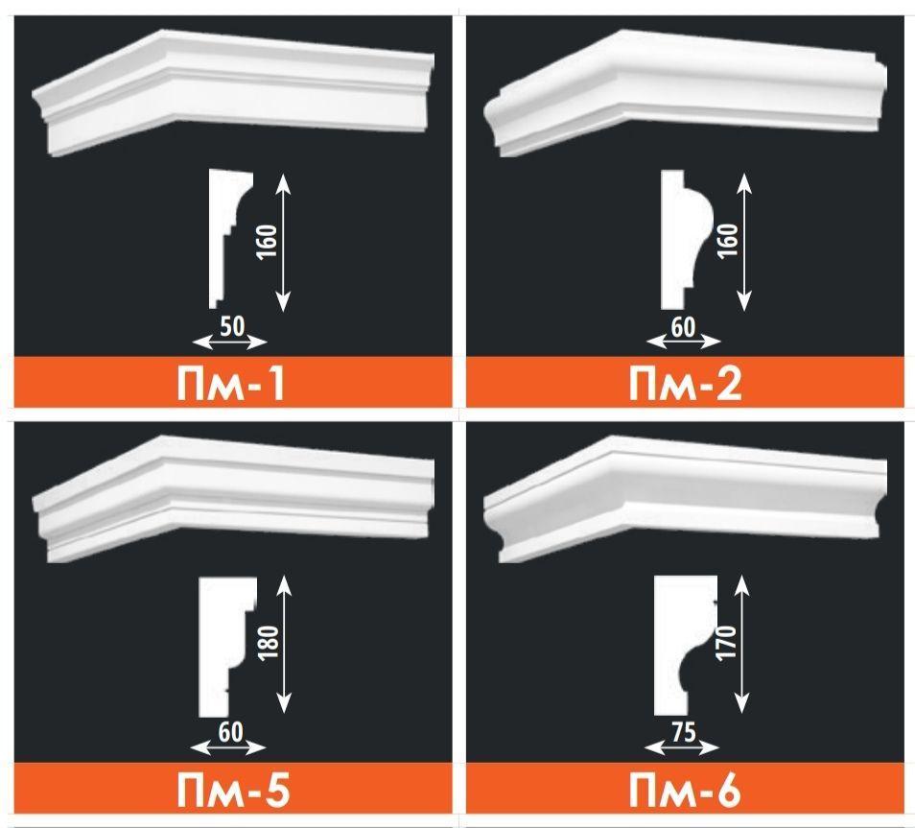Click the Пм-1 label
(x=230, y=384)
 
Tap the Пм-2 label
(x=685, y=384)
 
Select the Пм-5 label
(x=232, y=791)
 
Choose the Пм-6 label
(x=685, y=791)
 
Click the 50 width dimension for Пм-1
(x=232, y=326)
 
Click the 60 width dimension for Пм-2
(x=683, y=327)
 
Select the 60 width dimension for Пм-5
(x=230, y=732)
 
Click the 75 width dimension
(x=682, y=732)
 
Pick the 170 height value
(x=727, y=643)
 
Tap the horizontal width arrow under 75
(x=682, y=748)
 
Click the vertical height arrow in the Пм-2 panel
(x=743, y=242)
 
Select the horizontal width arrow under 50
(x=230, y=343)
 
